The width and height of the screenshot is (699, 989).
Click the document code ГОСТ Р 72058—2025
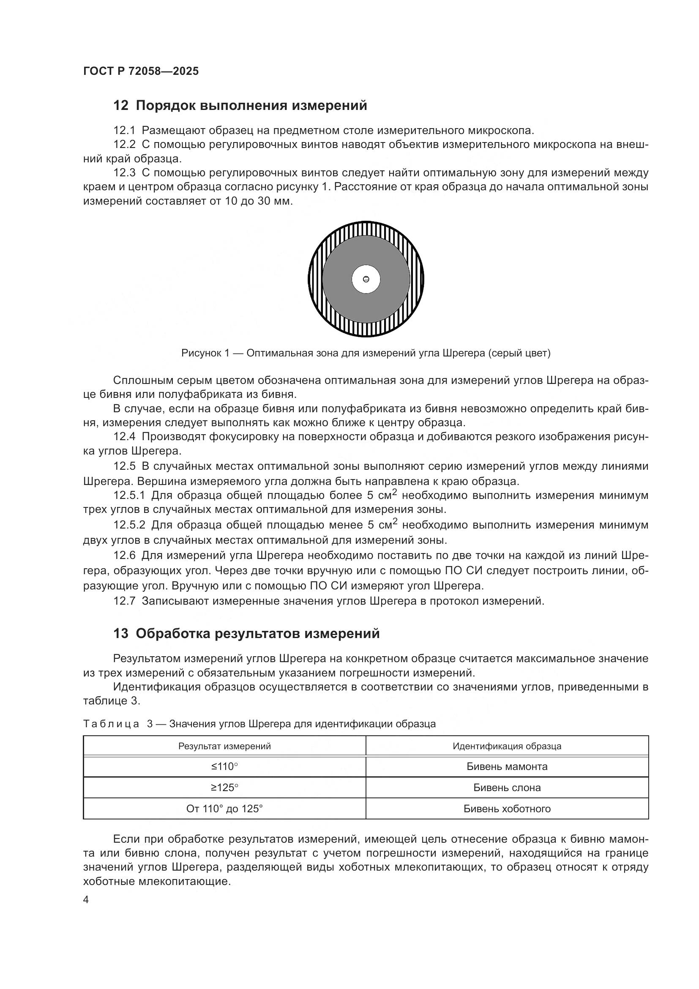tap(141, 71)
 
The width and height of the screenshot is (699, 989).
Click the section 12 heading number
tap(121, 106)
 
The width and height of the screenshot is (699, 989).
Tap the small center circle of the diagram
tap(366, 279)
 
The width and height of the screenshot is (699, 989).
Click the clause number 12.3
tap(124, 173)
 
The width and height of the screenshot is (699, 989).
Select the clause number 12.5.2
tap(130, 525)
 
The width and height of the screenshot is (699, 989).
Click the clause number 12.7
tap(124, 600)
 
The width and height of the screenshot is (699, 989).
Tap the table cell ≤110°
tap(224, 766)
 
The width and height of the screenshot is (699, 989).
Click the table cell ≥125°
tap(224, 787)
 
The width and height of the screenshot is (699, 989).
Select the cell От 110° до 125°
tap(224, 808)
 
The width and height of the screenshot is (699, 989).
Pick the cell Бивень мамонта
tap(507, 766)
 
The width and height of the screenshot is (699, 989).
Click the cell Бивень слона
tap(507, 787)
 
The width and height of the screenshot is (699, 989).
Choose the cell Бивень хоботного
tap(507, 808)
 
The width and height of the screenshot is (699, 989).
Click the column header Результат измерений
tap(224, 746)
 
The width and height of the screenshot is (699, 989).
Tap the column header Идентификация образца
tap(507, 746)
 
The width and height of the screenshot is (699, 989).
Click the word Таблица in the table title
tap(111, 724)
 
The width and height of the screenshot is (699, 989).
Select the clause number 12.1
tap(124, 130)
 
